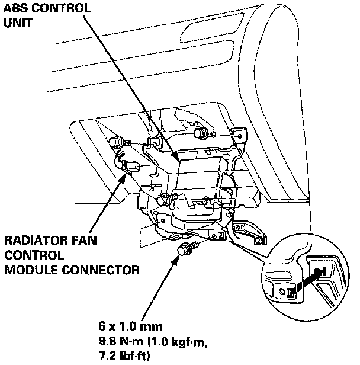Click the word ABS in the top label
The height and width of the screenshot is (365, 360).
click(x=15, y=9)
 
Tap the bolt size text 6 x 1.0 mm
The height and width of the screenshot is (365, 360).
click(x=130, y=326)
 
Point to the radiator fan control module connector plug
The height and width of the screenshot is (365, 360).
click(x=128, y=166)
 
